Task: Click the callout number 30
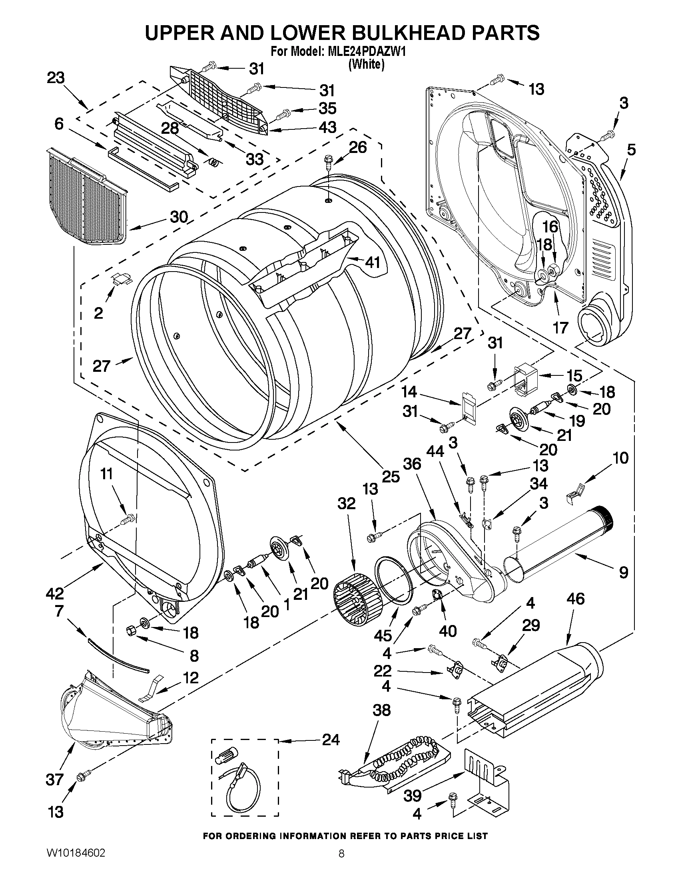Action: [179, 217]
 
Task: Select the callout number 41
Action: [372, 262]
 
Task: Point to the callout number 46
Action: [575, 599]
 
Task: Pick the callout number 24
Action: [331, 740]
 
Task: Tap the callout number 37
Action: [55, 780]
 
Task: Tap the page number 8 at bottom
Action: [341, 863]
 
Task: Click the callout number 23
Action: [56, 78]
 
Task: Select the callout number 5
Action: [631, 150]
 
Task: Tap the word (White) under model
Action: [366, 64]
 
